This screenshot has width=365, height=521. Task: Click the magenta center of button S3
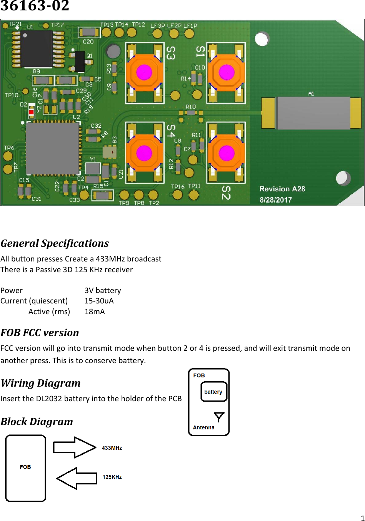tap(144, 72)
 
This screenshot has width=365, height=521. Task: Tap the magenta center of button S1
tap(227, 72)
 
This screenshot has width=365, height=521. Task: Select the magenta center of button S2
tap(227, 153)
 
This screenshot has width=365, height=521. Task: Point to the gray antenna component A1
tap(313, 113)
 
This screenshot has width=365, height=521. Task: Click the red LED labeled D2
tap(31, 112)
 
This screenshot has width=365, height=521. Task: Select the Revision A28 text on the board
tap(282, 189)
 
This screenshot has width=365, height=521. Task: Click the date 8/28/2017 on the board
tap(276, 200)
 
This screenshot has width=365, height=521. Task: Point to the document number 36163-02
tap(35, 6)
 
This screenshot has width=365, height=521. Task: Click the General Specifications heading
tap(55, 243)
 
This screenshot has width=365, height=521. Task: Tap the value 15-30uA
tap(99, 301)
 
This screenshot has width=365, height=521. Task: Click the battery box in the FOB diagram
tap(213, 392)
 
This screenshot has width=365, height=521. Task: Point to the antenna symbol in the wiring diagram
tap(219, 417)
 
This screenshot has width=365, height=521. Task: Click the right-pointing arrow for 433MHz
tap(74, 447)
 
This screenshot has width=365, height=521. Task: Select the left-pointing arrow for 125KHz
tap(77, 478)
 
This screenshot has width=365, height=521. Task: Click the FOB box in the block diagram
tap(25, 468)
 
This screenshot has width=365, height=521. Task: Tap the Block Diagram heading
tap(37, 422)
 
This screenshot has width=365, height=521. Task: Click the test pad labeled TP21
tap(5, 26)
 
